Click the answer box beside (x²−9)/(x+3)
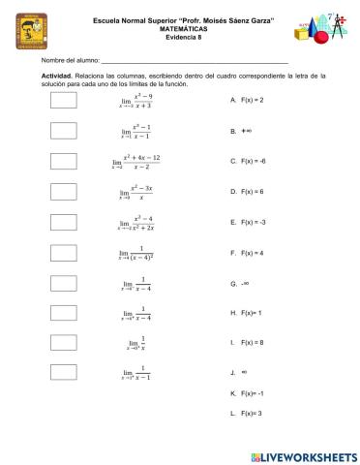tap(63, 100)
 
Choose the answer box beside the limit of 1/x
tap(63, 342)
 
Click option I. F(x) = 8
tap(248, 343)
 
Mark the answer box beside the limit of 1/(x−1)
tap(63, 372)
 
